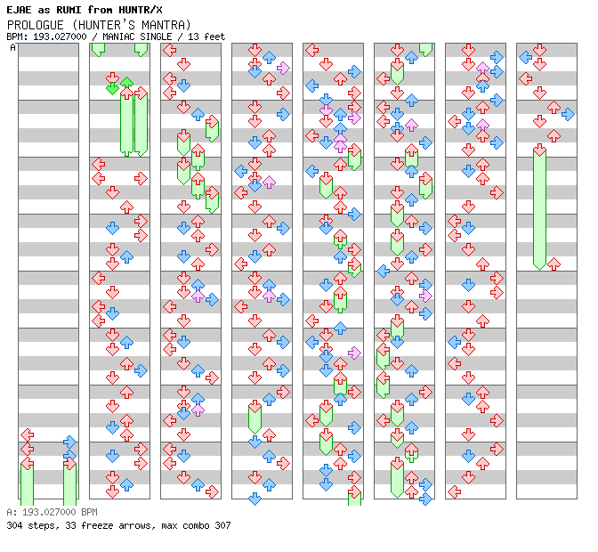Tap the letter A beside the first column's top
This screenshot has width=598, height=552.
pos(13,47)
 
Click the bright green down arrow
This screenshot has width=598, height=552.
pos(112,87)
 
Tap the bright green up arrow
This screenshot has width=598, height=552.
pos(126,83)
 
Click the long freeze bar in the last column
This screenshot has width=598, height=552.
pos(539,209)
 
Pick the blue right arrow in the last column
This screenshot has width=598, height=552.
pos(568,114)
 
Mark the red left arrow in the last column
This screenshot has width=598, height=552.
pos(525,78)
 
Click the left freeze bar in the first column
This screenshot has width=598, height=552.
pos(27,481)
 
